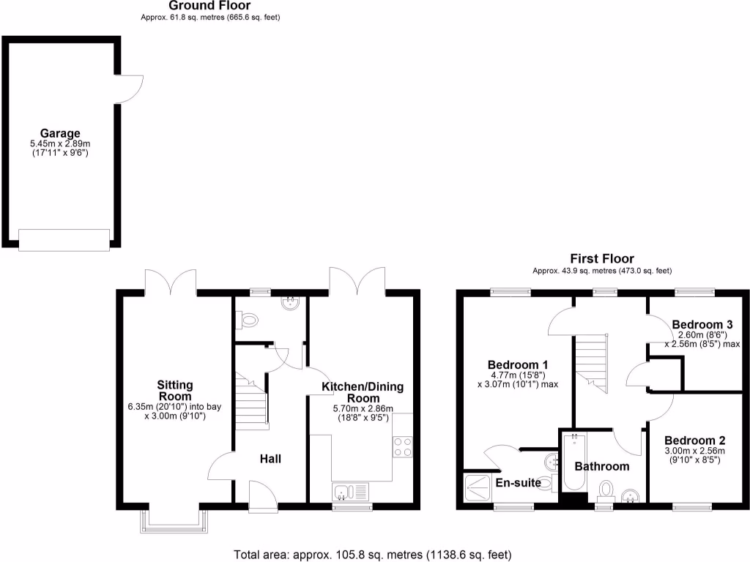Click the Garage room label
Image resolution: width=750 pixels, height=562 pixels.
(x=60, y=134)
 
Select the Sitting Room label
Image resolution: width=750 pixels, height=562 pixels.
(x=175, y=390)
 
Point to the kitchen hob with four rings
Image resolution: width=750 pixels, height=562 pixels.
(x=403, y=446)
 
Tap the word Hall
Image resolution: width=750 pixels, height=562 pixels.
(x=270, y=459)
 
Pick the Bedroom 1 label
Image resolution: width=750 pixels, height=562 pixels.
(x=518, y=364)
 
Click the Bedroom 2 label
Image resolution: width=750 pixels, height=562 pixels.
(x=694, y=441)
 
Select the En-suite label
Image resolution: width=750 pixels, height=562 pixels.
(x=518, y=482)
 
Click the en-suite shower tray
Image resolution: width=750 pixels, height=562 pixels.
(x=479, y=487)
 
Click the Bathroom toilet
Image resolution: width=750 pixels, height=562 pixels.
(x=606, y=489)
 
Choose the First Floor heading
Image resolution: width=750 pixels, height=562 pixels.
(x=602, y=258)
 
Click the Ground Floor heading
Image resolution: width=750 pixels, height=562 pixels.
(x=210, y=6)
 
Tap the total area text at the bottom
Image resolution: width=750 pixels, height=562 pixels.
(x=372, y=554)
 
